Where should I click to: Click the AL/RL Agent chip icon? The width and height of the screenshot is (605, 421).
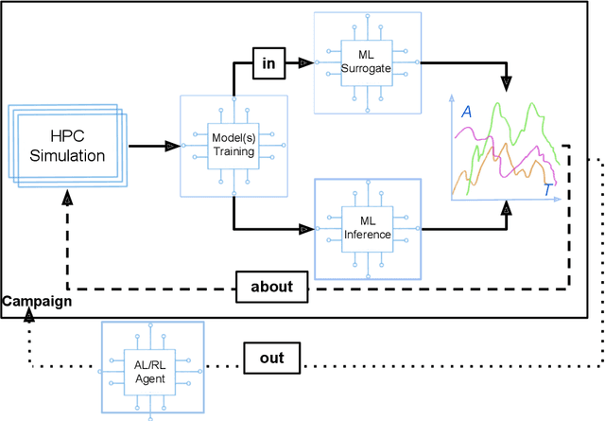pyautogui.click(x=152, y=367)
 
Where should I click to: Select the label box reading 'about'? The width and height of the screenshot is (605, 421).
pyautogui.click(x=272, y=287)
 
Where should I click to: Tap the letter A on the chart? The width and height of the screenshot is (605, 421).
pyautogui.click(x=466, y=113)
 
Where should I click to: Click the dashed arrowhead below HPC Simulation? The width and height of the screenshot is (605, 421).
pyautogui.click(x=67, y=201)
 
